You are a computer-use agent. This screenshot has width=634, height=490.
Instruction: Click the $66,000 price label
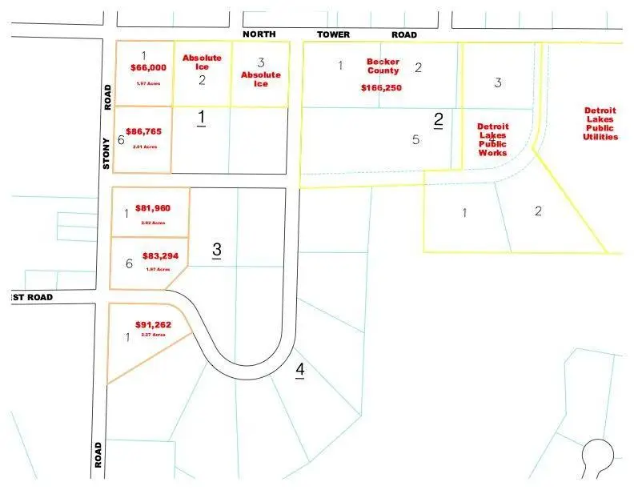point(148,69)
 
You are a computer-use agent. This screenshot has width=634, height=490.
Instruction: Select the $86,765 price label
point(143,130)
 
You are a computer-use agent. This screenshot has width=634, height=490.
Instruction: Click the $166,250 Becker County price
point(381,87)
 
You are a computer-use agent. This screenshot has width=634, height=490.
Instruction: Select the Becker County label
point(383,66)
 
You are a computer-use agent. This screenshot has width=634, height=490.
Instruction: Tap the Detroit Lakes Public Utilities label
point(600,123)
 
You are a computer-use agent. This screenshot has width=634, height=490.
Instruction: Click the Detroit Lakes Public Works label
point(492,139)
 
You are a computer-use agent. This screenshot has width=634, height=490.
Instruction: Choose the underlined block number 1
point(202,118)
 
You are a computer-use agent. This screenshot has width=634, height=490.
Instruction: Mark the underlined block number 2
point(439,120)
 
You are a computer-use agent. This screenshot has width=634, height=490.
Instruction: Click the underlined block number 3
point(217,250)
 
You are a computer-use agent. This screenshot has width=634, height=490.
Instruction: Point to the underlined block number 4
point(299,370)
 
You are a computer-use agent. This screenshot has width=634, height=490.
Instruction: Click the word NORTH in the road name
point(259,34)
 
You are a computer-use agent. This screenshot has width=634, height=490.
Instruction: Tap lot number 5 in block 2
point(415,140)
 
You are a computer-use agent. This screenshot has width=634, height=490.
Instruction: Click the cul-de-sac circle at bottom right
point(598,454)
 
